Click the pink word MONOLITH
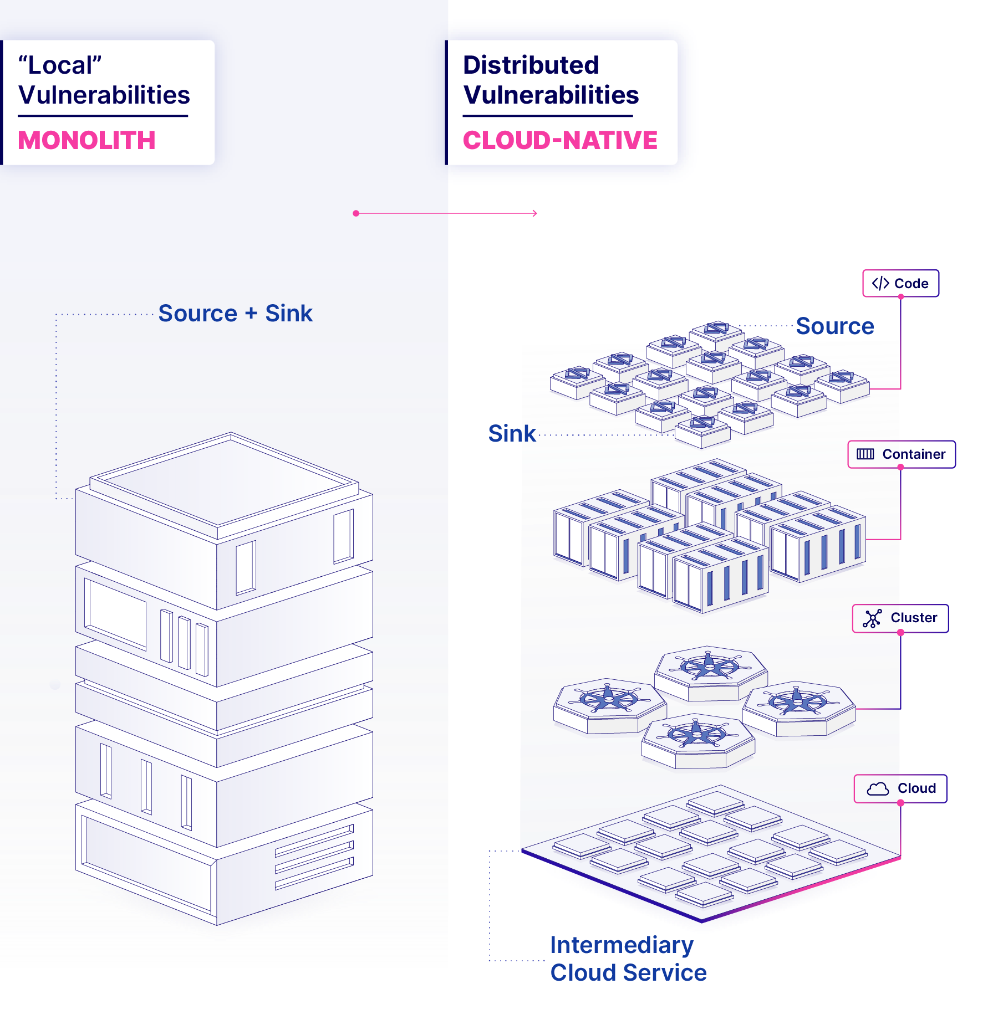(86, 140)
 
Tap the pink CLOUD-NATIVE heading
(560, 140)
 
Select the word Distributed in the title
(531, 65)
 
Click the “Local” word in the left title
(60, 65)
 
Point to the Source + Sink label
(236, 313)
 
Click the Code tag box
(900, 283)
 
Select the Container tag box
(902, 454)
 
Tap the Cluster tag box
(900, 618)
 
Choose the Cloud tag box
(900, 788)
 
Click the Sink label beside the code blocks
(512, 433)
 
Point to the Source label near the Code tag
(835, 326)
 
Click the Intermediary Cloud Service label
(628, 959)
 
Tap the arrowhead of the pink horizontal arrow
(535, 213)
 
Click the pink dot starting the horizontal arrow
(356, 213)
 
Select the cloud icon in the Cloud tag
(878, 788)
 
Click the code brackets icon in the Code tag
(880, 283)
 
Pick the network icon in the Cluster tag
(872, 618)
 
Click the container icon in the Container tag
(865, 454)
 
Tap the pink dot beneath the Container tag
(900, 468)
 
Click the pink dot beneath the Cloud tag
(900, 802)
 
